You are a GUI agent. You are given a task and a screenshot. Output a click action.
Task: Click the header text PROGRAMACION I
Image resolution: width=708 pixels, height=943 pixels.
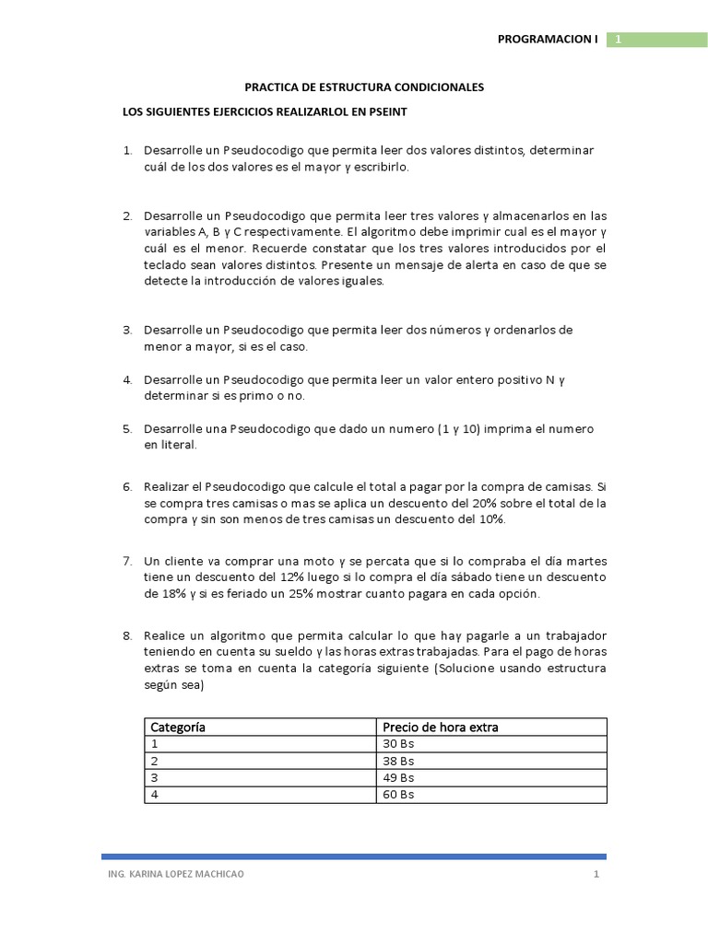[548, 40]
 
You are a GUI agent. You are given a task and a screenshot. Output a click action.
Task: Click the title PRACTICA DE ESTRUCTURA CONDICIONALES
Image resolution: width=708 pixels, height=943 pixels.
[363, 87]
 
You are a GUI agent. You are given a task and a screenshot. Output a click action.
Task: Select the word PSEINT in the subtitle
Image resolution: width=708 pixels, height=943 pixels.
[386, 112]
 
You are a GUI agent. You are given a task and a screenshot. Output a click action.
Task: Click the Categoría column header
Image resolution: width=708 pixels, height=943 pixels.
[178, 728]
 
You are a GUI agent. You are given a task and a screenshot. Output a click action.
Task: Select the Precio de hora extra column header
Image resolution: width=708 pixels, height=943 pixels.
[440, 728]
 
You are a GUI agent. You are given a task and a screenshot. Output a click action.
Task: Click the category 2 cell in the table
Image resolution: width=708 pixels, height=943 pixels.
[155, 762]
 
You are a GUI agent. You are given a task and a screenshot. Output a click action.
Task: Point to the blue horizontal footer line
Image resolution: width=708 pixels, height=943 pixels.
[354, 856]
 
